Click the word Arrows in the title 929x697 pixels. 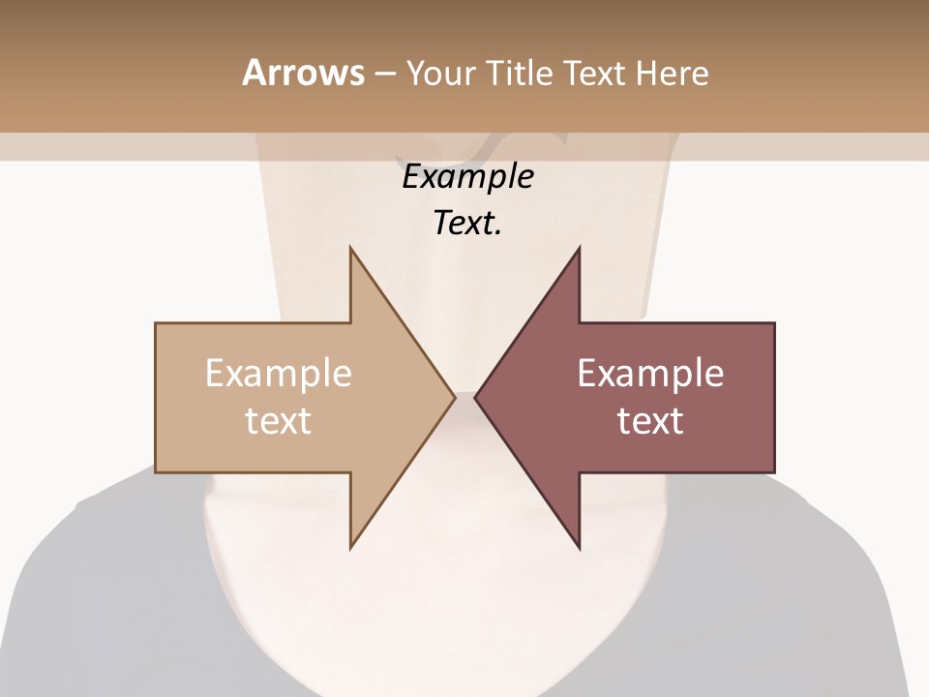303,73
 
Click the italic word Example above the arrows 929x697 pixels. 467,177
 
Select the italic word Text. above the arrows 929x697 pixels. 467,224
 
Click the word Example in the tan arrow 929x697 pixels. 279,374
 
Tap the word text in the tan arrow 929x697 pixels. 279,421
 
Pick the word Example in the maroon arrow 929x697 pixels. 650,374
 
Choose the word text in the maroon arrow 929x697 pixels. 650,421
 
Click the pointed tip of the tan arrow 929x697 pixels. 454,397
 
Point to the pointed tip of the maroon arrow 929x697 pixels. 475,397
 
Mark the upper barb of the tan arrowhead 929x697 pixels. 351,250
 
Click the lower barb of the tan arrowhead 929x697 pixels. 351,546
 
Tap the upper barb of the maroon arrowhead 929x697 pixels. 579,250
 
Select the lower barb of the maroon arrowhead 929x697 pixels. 579,546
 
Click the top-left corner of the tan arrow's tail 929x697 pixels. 157,324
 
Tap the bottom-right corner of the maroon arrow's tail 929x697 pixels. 773,471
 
